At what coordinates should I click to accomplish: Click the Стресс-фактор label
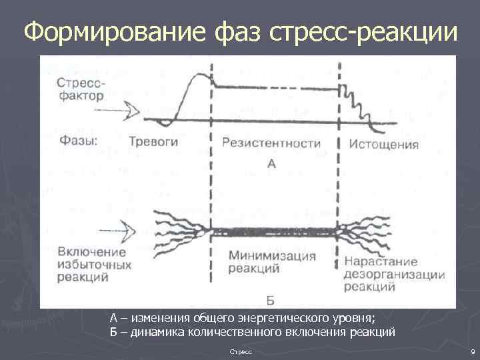[x=80, y=89]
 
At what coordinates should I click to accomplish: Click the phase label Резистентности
[x=271, y=143]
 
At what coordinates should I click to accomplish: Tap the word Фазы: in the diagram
[x=78, y=141]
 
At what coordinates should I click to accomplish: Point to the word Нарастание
[x=381, y=261]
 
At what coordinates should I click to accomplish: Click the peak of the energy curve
[x=195, y=75]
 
